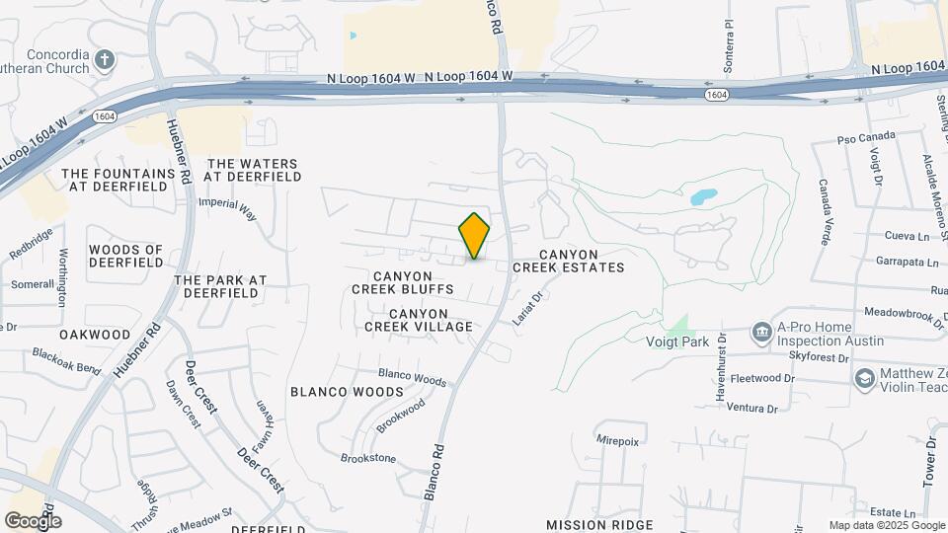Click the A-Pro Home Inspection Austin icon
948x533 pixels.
(x=761, y=332)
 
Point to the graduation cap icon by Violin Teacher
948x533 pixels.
(x=864, y=379)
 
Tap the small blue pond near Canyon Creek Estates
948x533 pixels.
(x=703, y=196)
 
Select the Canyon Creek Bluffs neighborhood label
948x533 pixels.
(x=402, y=282)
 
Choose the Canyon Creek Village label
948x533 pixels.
(x=418, y=320)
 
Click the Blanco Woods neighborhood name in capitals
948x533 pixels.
(x=333, y=392)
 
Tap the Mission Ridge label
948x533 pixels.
(x=599, y=524)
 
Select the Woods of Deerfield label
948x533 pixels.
(x=125, y=256)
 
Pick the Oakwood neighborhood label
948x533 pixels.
(x=94, y=335)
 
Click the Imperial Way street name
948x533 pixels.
(x=227, y=208)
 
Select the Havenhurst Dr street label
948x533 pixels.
(x=720, y=375)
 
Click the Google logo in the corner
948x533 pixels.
(x=33, y=520)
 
